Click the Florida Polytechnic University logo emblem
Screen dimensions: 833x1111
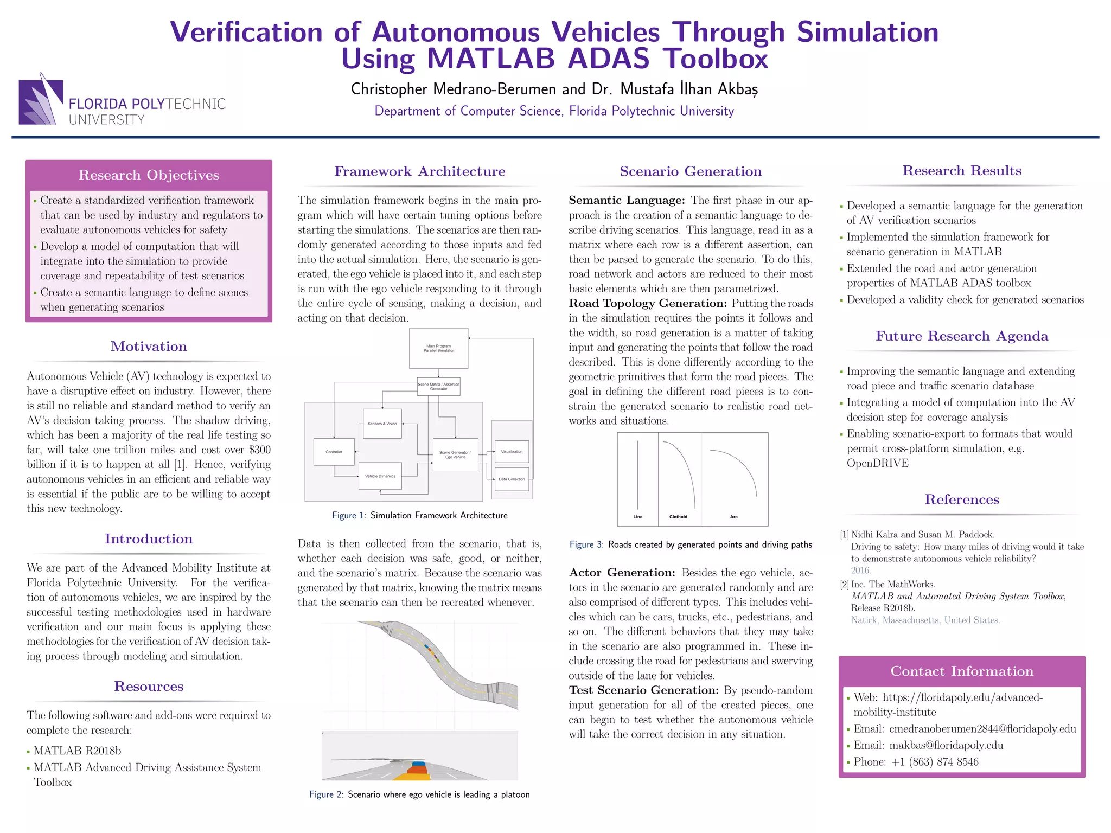(x=41, y=101)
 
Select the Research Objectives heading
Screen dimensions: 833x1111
(x=149, y=175)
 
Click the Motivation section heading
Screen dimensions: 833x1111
(x=149, y=347)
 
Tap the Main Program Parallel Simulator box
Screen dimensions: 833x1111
(x=438, y=348)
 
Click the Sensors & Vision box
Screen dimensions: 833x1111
(x=382, y=424)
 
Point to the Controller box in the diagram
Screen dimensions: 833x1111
(x=334, y=452)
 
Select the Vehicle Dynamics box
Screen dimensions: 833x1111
(x=380, y=476)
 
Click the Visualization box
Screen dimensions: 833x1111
(x=512, y=452)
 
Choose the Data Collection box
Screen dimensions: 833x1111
(x=512, y=479)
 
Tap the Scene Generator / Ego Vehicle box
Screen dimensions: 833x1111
(x=455, y=454)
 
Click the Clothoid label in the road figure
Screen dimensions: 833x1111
(x=678, y=517)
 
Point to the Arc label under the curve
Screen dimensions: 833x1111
(x=734, y=517)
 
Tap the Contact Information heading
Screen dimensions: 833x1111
(x=962, y=671)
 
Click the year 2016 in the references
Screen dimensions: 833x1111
(x=861, y=571)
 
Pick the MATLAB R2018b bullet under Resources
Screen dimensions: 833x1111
(x=77, y=751)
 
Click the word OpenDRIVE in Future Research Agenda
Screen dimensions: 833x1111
(x=877, y=463)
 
